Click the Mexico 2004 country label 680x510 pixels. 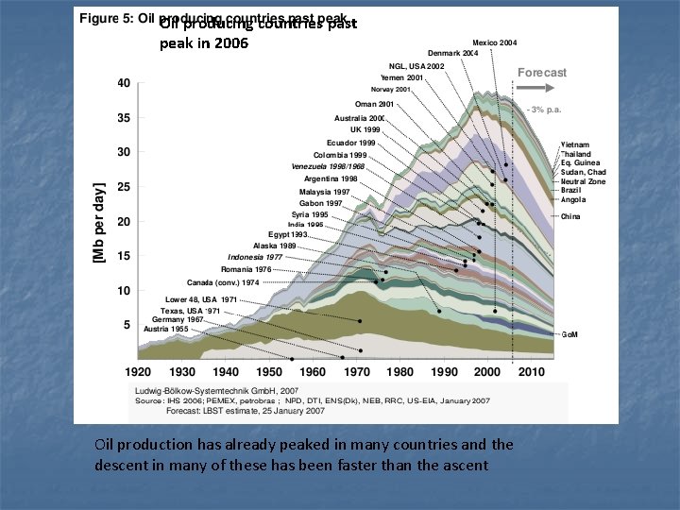[x=494, y=42]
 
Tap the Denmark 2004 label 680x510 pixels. [x=453, y=54]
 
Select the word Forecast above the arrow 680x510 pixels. [x=542, y=73]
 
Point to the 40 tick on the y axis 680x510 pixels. [x=124, y=83]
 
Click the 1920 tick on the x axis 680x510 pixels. [x=140, y=372]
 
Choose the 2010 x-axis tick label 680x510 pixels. [x=530, y=372]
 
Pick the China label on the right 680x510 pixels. [x=570, y=217]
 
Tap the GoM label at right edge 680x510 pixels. [x=571, y=334]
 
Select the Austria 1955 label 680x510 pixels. [x=165, y=329]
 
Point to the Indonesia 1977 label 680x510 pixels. [x=255, y=257]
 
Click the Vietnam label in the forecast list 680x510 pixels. [x=575, y=144]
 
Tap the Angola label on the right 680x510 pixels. [x=573, y=199]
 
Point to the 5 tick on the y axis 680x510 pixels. [x=127, y=325]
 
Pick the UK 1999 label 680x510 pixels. [x=367, y=129]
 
